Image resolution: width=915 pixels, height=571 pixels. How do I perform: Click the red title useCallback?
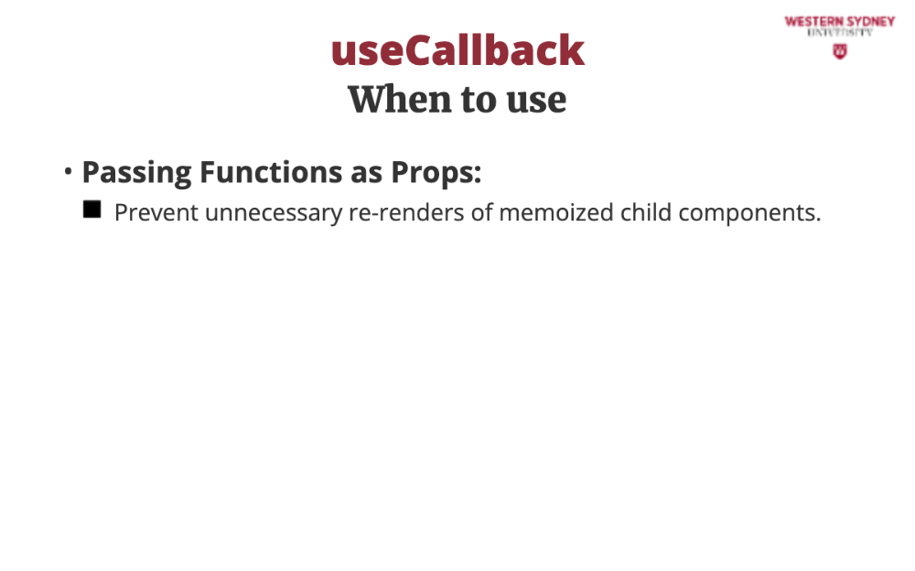(x=457, y=50)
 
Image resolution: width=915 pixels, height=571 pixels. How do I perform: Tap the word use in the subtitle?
(x=536, y=101)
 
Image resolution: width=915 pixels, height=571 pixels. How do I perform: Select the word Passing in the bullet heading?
(x=136, y=173)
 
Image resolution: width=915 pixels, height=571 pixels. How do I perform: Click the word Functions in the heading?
(x=271, y=172)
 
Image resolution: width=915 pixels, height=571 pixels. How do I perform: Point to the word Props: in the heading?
(x=436, y=173)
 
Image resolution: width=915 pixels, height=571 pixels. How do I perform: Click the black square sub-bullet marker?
(x=92, y=210)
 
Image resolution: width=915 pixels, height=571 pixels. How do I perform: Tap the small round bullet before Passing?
(x=69, y=171)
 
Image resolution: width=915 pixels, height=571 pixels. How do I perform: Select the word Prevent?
(x=156, y=212)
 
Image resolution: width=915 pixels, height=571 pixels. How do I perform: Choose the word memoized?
(x=556, y=212)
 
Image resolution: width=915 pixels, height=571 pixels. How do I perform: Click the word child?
(x=645, y=212)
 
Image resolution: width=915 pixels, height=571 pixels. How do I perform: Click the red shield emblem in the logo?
(x=840, y=51)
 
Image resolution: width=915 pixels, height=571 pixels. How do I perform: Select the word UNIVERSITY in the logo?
(x=840, y=33)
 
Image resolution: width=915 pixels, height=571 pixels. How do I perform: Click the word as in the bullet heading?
(x=367, y=173)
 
